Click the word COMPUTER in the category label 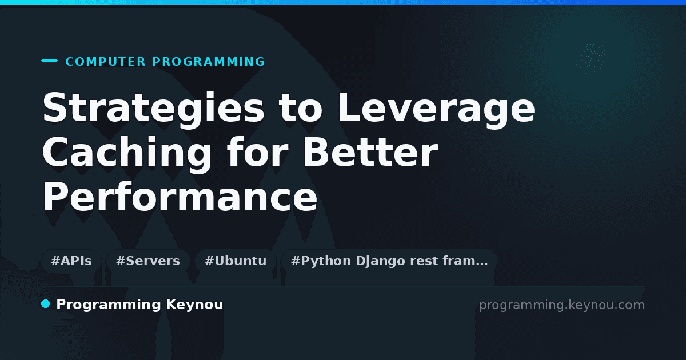pos(106,62)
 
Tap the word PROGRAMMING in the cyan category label pos(209,62)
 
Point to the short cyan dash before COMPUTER pos(49,61)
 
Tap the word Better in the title pos(370,152)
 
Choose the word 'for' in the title pos(258,152)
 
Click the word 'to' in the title pos(301,108)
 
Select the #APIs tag pos(71,261)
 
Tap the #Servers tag pos(148,261)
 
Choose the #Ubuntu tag pos(236,261)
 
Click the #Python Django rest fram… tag pos(389,261)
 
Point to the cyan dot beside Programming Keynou pos(45,304)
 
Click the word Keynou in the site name pos(194,305)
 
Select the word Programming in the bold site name pos(109,305)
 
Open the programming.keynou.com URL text pos(562,305)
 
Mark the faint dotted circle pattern pos(592,58)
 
